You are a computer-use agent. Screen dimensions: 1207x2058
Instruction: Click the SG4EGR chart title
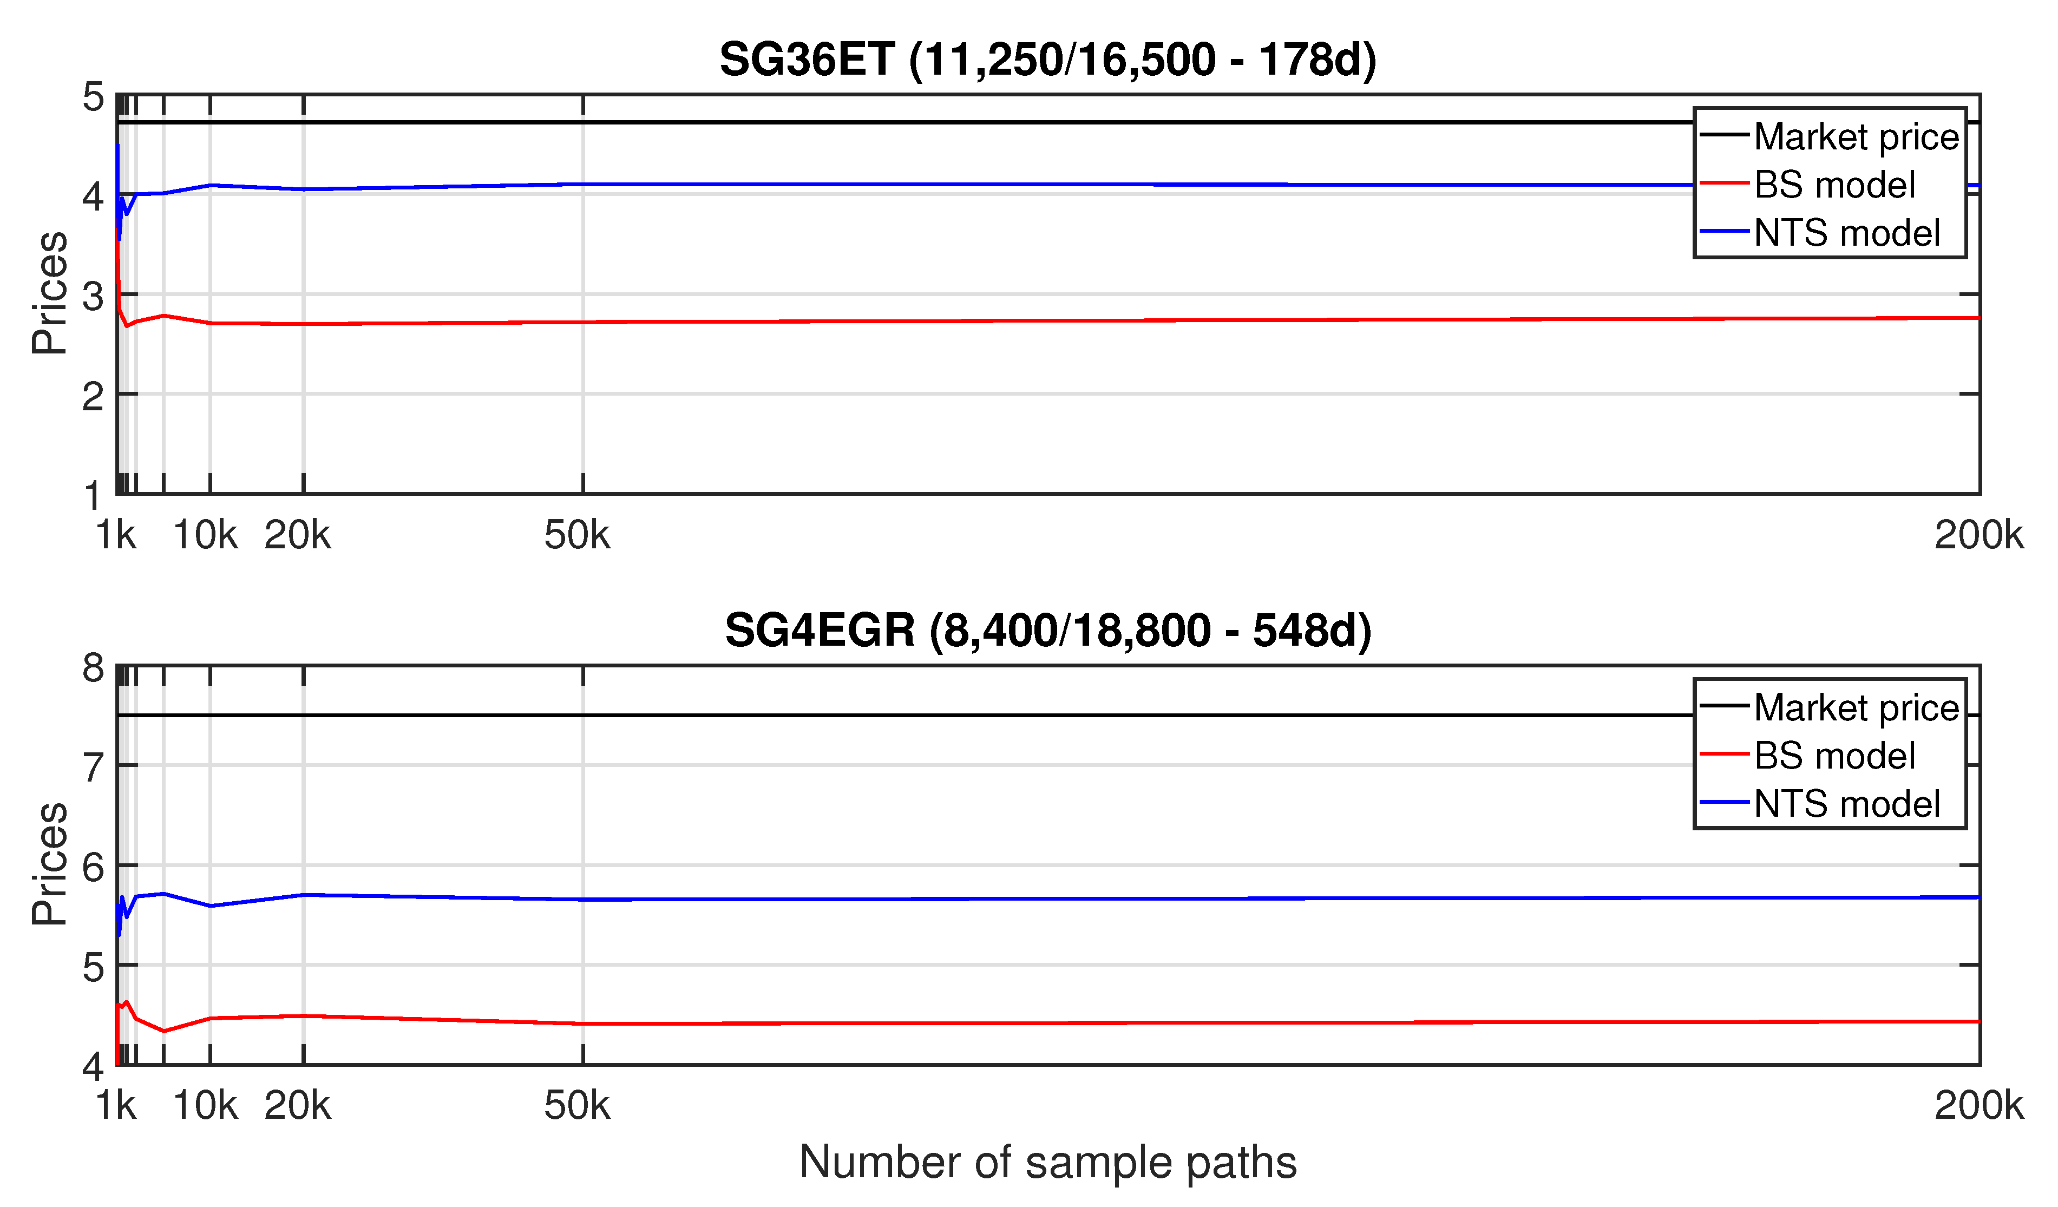coord(1048,631)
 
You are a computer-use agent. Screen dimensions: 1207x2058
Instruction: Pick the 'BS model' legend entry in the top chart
coord(1834,185)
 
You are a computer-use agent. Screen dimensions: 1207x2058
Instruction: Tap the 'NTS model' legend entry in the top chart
coord(1846,233)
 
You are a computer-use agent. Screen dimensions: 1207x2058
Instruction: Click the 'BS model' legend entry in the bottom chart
coord(1834,756)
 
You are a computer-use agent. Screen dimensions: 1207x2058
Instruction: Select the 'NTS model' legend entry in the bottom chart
coord(1846,804)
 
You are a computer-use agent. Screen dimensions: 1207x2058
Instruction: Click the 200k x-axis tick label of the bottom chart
coord(1978,1106)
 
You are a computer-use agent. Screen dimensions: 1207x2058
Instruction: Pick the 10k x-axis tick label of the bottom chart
coord(205,1106)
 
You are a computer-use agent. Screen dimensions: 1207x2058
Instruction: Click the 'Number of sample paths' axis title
coord(1048,1162)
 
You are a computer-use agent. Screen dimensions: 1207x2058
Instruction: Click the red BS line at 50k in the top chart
coord(583,322)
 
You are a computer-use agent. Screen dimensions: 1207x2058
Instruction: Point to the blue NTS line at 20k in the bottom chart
coord(304,895)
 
